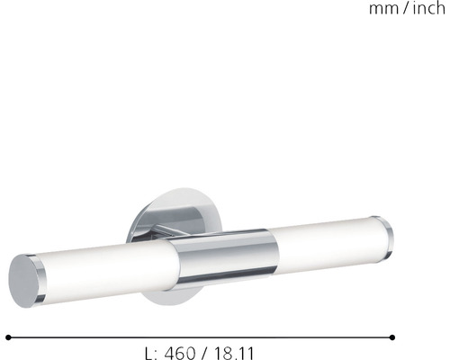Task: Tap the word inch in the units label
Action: pyautogui.click(x=427, y=10)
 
